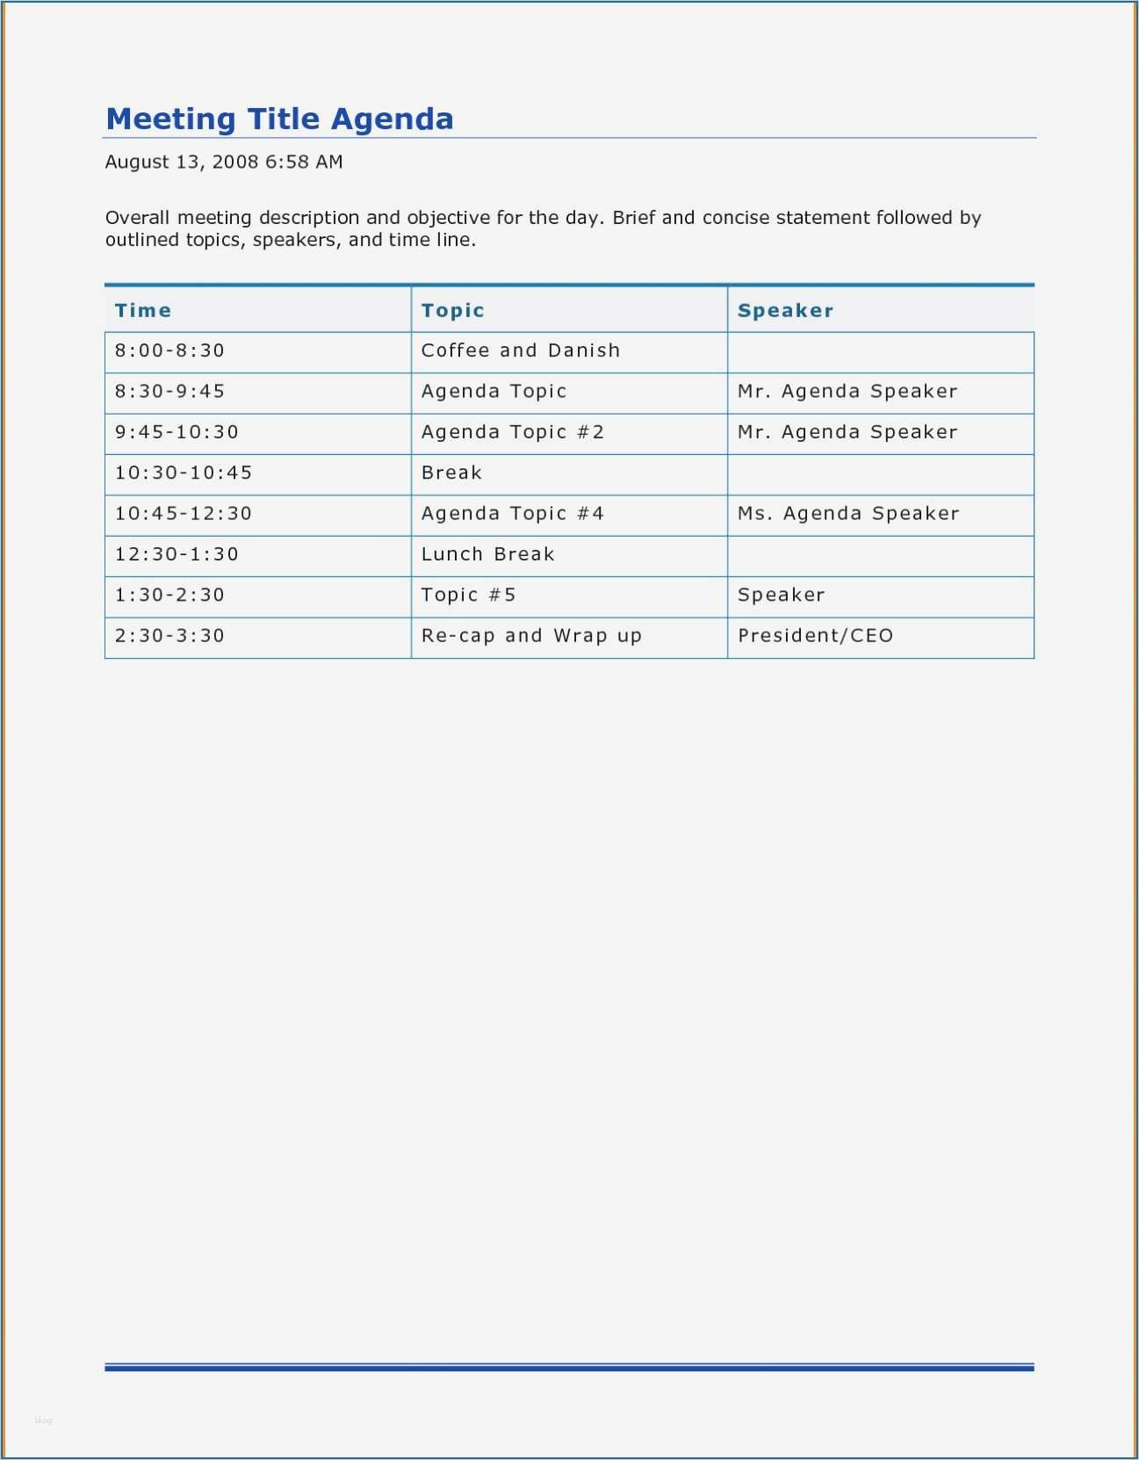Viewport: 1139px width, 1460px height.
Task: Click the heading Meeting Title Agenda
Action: pos(279,119)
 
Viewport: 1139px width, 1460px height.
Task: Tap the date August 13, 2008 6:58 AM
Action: pos(224,162)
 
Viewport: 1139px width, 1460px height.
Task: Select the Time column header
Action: pos(143,310)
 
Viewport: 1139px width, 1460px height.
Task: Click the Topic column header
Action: pos(452,310)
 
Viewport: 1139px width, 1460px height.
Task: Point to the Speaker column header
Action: pos(785,310)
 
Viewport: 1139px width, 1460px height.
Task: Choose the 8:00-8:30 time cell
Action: pos(169,351)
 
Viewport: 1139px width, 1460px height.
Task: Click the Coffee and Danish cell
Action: pos(520,351)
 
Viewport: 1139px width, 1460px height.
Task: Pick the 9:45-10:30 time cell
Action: pos(177,432)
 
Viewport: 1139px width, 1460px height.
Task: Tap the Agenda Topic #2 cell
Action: pos(512,432)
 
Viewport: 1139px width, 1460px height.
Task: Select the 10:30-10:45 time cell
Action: pos(184,473)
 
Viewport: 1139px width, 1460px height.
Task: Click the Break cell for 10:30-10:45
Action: pos(451,473)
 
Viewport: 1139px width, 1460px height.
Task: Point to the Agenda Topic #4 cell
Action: pos(512,513)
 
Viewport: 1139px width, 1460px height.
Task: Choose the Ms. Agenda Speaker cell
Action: pos(848,513)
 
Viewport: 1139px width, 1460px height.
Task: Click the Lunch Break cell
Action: pos(487,554)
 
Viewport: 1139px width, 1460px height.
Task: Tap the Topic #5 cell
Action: pos(468,595)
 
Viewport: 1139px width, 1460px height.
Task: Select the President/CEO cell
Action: pos(815,635)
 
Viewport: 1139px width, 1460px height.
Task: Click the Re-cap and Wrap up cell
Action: pos(531,635)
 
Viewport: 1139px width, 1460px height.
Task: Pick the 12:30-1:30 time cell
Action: pos(177,554)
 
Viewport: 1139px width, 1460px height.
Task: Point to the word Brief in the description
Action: pos(633,218)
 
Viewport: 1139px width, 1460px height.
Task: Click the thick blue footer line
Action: pos(569,1368)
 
